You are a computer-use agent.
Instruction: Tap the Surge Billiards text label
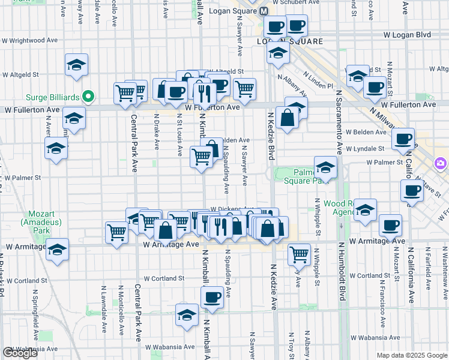[53, 96]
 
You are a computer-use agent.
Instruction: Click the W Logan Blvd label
[411, 35]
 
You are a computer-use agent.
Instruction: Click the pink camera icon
[441, 163]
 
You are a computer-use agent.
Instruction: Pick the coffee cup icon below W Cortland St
[212, 296]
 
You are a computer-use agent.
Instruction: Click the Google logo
[20, 353]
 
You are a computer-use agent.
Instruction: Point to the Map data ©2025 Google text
[411, 355]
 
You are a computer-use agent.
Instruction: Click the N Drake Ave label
[157, 132]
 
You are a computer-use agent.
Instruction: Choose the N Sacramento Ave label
[339, 123]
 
